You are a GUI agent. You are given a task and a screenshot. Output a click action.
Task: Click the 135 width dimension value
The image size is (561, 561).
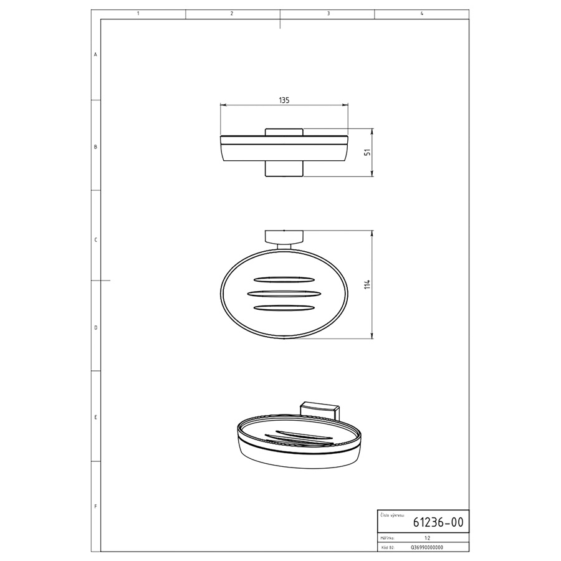pyautogui.click(x=284, y=100)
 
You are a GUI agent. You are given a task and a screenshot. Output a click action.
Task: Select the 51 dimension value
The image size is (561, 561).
pyautogui.click(x=367, y=152)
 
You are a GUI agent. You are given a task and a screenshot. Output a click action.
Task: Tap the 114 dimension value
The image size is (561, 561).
pyautogui.click(x=367, y=284)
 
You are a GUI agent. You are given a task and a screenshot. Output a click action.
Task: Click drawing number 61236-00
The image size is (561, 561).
pyautogui.click(x=438, y=522)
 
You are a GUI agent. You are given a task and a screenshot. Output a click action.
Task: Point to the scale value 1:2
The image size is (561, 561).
pyautogui.click(x=427, y=538)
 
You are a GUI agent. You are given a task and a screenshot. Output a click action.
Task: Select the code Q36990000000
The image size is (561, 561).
pyautogui.click(x=427, y=547)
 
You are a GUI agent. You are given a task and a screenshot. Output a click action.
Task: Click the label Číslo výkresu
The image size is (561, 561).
pyautogui.click(x=392, y=515)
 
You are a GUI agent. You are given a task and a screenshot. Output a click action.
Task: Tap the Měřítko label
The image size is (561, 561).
pyautogui.click(x=387, y=538)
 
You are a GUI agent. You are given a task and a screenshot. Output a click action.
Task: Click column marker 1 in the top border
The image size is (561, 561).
pyautogui.click(x=138, y=14)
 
